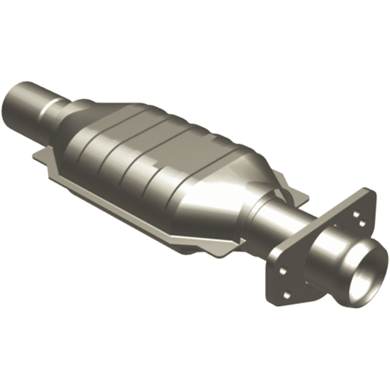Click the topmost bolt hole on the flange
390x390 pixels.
pos(355,213)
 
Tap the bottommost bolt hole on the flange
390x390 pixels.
pos(287,294)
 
